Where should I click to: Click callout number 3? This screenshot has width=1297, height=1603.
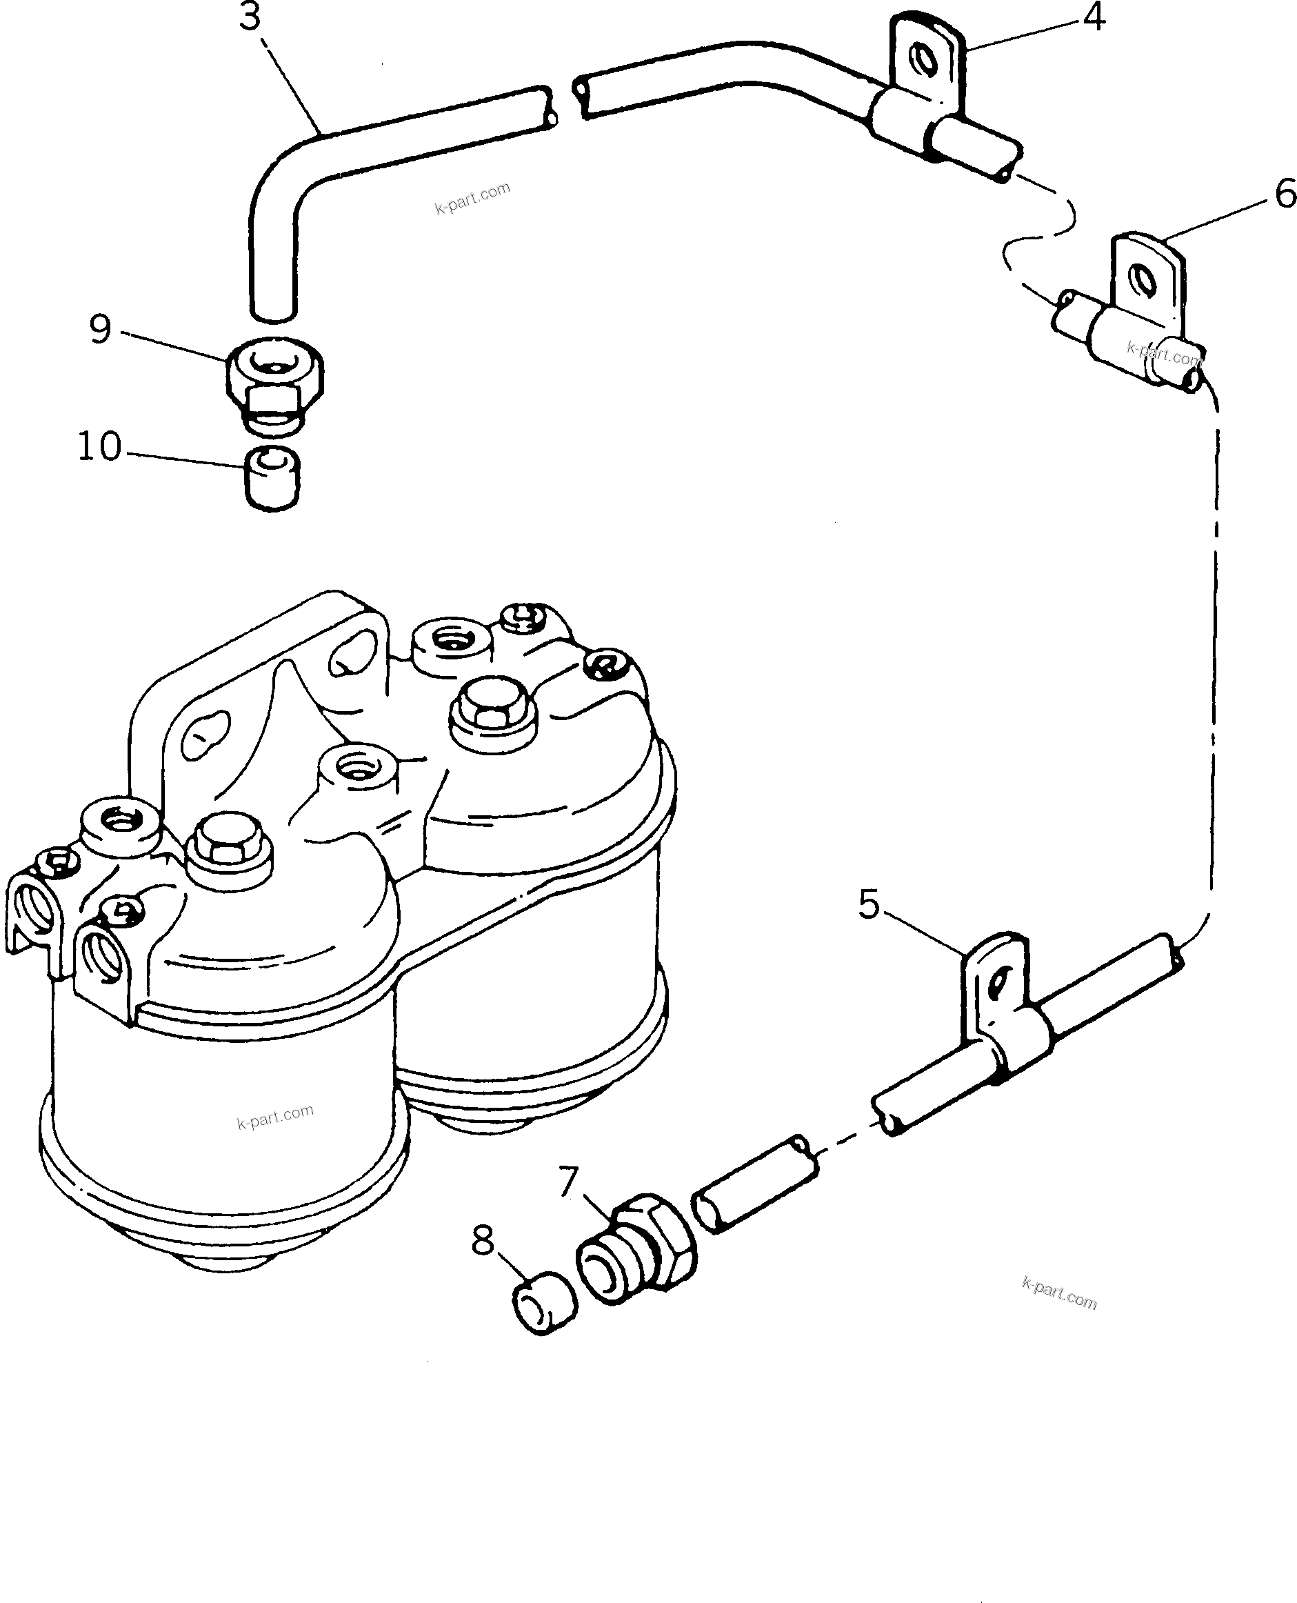(250, 17)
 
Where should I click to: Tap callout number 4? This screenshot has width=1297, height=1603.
(1094, 17)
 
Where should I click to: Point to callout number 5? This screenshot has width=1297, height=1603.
(869, 904)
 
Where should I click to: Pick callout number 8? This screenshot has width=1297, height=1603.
(483, 1241)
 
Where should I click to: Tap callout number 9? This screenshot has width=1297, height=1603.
(100, 329)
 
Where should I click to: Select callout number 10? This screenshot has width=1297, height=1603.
(99, 446)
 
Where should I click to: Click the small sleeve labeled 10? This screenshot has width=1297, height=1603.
(274, 478)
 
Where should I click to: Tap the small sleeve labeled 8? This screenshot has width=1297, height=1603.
(545, 1302)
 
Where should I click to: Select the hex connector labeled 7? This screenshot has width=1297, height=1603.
(636, 1255)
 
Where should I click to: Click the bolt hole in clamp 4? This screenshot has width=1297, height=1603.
(925, 60)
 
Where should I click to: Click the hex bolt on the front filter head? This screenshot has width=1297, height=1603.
(230, 851)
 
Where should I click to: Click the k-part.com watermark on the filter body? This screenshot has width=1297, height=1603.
(275, 1117)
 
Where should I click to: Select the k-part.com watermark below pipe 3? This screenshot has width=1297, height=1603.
(472, 198)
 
